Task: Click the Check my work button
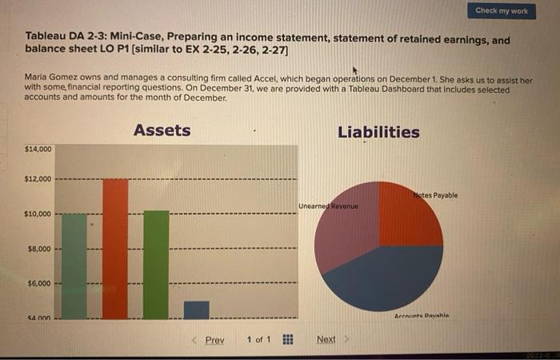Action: pyautogui.click(x=502, y=10)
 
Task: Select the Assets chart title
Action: pyautogui.click(x=162, y=130)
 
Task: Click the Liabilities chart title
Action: pyautogui.click(x=378, y=132)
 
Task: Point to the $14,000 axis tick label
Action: pyautogui.click(x=38, y=150)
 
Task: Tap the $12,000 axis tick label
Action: pyautogui.click(x=38, y=178)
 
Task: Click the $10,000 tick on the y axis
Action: pyautogui.click(x=38, y=214)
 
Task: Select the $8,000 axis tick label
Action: pyautogui.click(x=38, y=249)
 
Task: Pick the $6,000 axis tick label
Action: pyautogui.click(x=38, y=283)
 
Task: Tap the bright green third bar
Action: pyautogui.click(x=156, y=265)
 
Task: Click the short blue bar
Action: pyautogui.click(x=196, y=310)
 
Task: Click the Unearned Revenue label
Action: pyautogui.click(x=328, y=206)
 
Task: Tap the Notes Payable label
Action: pyautogui.click(x=436, y=195)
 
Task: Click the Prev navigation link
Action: pyautogui.click(x=214, y=340)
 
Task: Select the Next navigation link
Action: pyautogui.click(x=326, y=340)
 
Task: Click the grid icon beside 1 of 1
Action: pyautogui.click(x=285, y=340)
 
